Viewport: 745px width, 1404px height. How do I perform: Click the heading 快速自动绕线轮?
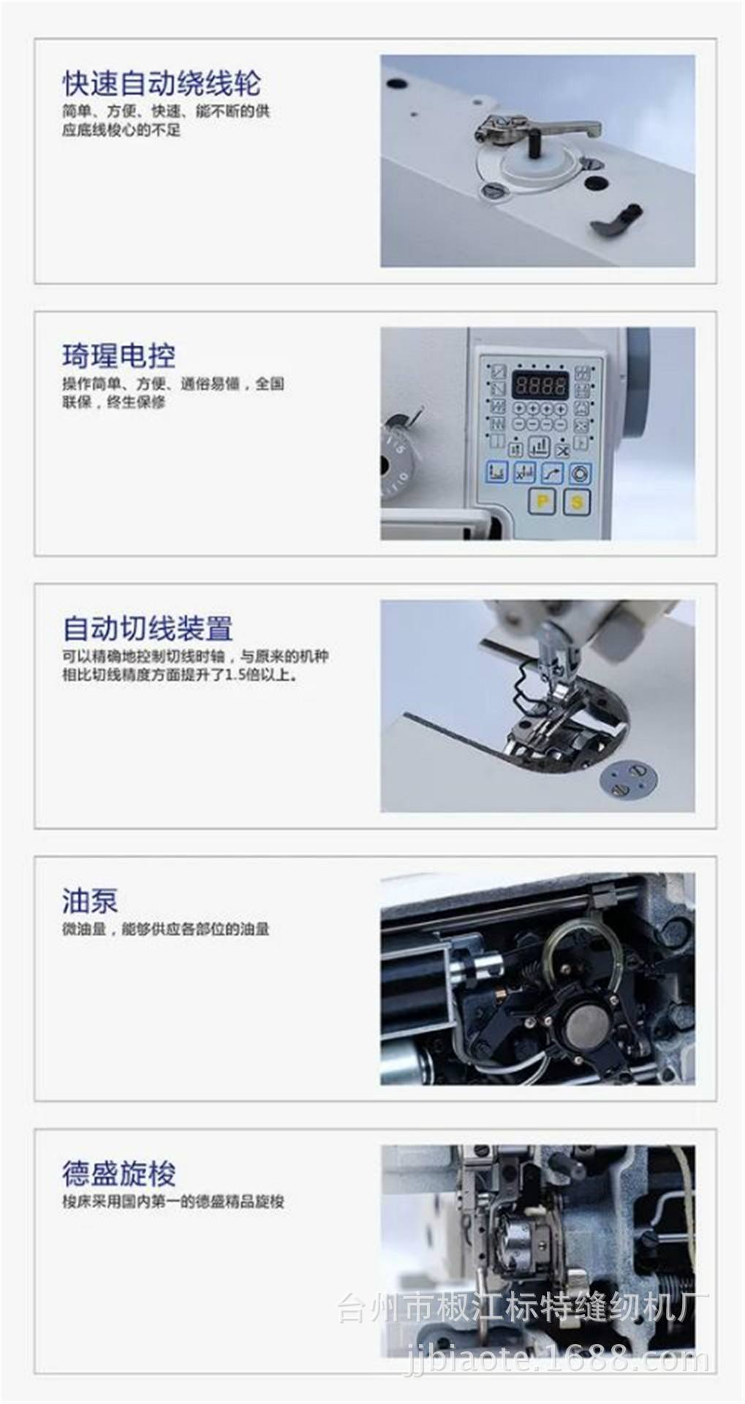(161, 83)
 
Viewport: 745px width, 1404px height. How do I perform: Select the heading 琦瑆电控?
(118, 356)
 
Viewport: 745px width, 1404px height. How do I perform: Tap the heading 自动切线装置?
(148, 628)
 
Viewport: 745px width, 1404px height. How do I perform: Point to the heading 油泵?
(90, 900)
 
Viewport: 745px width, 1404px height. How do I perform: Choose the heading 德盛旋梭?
(118, 1174)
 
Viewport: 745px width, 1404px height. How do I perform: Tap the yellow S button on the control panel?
(577, 502)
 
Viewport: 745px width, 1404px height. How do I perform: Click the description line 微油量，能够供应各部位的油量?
(165, 929)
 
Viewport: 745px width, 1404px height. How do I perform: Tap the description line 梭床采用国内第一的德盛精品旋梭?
(173, 1201)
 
